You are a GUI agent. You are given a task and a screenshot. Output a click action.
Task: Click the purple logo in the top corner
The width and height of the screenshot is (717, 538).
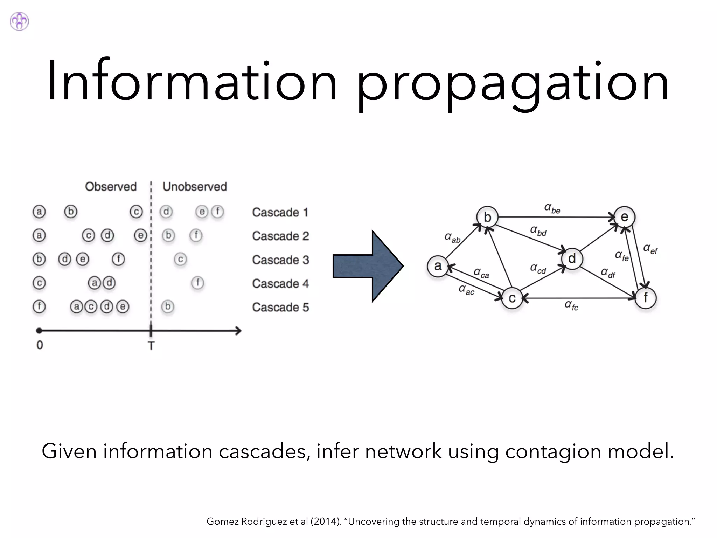pyautogui.click(x=19, y=21)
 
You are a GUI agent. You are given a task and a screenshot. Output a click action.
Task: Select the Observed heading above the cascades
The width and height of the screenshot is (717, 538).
pyautogui.click(x=111, y=187)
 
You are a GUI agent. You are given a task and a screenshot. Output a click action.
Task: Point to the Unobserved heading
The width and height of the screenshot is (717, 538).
pyautogui.click(x=195, y=187)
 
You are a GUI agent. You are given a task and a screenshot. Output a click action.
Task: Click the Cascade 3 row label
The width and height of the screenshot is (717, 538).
pyautogui.click(x=280, y=260)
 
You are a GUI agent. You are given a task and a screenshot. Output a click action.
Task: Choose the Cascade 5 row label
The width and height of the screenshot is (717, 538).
pyautogui.click(x=280, y=307)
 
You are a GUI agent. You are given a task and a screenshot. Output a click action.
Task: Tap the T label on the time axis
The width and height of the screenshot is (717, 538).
pyautogui.click(x=151, y=346)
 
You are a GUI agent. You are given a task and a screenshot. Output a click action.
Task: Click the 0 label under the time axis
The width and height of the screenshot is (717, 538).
pyautogui.click(x=40, y=345)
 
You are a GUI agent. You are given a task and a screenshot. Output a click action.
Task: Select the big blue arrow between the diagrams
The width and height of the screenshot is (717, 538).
pyautogui.click(x=368, y=266)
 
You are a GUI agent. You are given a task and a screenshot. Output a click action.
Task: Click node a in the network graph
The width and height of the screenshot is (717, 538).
pyautogui.click(x=438, y=266)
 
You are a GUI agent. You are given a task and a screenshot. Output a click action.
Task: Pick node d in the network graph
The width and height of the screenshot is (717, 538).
pyautogui.click(x=572, y=259)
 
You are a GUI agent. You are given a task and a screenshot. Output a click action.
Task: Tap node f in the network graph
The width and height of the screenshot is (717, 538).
pyautogui.click(x=645, y=298)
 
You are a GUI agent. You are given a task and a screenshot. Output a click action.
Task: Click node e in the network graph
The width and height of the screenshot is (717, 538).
pyautogui.click(x=624, y=217)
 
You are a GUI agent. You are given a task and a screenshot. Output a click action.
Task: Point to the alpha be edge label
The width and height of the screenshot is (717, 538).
pyautogui.click(x=552, y=208)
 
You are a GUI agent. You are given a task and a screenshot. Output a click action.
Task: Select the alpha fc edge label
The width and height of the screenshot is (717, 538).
pyautogui.click(x=571, y=305)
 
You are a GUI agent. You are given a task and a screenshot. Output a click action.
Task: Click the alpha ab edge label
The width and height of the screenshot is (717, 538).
pyautogui.click(x=452, y=237)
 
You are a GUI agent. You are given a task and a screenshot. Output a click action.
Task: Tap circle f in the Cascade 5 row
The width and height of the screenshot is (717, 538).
pyautogui.click(x=39, y=306)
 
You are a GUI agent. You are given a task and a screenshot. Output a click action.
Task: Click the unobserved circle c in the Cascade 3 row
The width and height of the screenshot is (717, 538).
pyautogui.click(x=180, y=260)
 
